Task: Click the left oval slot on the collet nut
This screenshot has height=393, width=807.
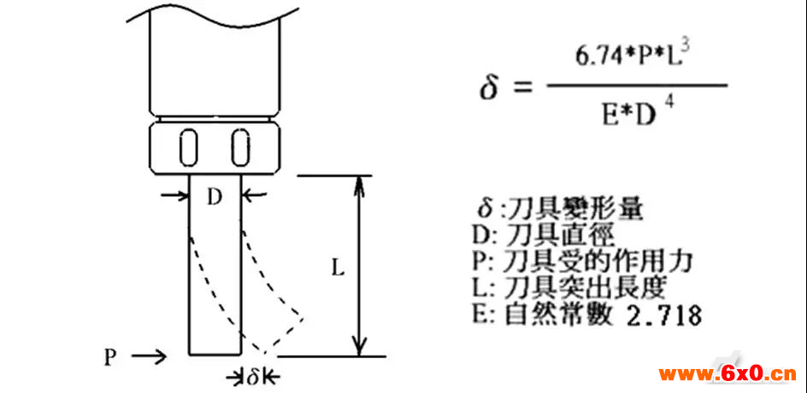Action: point(188,147)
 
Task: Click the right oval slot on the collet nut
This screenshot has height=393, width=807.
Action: point(240,147)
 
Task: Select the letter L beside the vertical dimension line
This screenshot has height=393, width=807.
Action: point(337,269)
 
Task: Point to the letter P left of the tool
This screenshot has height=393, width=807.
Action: point(110,357)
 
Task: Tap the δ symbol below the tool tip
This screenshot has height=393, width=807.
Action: point(252,377)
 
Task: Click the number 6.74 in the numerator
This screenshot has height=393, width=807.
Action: point(591,57)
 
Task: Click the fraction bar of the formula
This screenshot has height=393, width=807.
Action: point(637,86)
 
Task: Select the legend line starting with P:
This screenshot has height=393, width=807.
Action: point(581,262)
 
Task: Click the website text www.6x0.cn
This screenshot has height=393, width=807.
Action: point(727,374)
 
